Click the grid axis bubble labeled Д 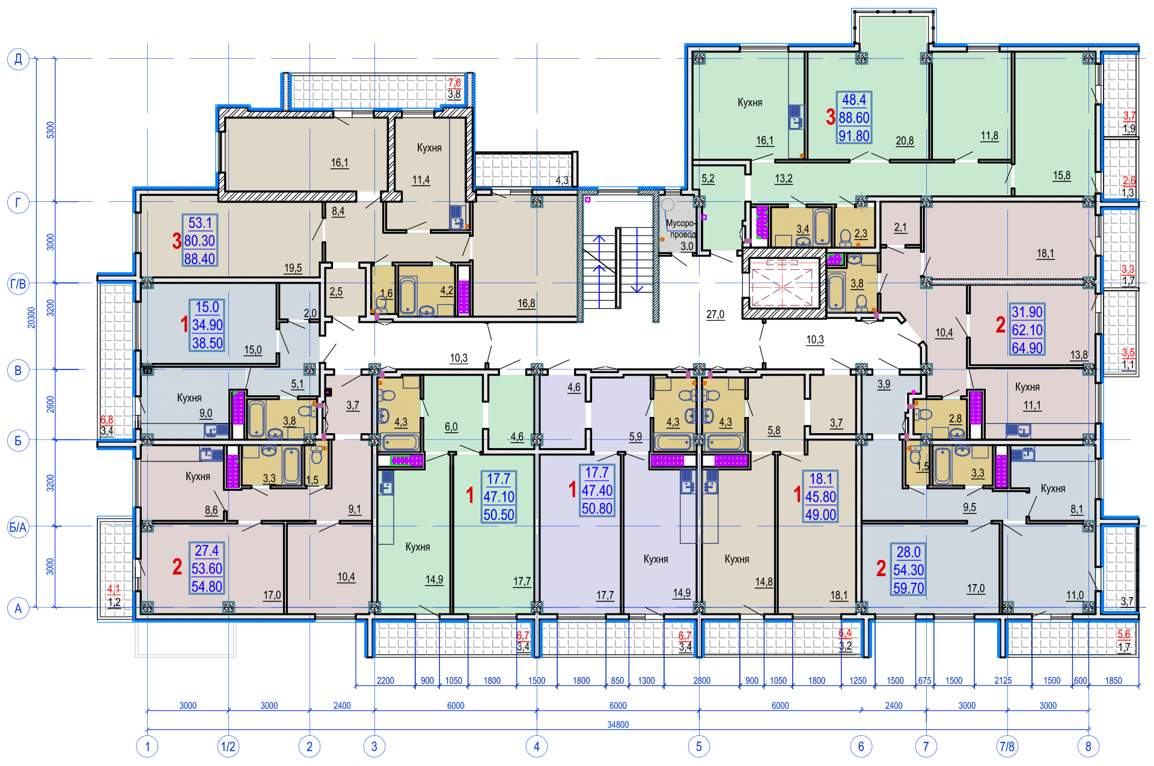point(18,59)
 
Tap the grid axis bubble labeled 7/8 point(1007,746)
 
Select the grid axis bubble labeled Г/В point(18,283)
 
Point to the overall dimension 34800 point(618,725)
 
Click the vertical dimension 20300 point(31,317)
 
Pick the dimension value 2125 point(1003,680)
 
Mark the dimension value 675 point(924,681)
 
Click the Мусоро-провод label point(680,229)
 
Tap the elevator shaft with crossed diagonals point(782,287)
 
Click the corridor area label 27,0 point(715,314)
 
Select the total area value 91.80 point(854,136)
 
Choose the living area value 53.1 point(200,223)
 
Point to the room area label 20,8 point(905,141)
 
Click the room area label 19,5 point(293,268)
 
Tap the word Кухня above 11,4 point(429,148)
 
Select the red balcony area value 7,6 point(454,83)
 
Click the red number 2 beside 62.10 point(1000,325)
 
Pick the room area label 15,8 point(1061,175)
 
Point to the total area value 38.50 point(207,343)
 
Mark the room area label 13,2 point(783,178)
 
